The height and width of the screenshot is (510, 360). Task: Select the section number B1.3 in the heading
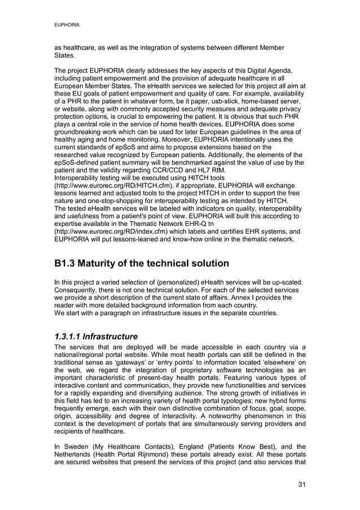[68, 264]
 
